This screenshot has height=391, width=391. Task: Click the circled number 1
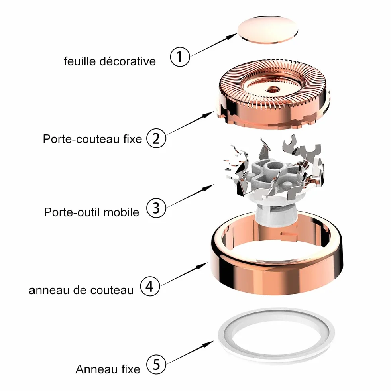[x=180, y=57]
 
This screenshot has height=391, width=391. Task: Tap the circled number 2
[x=156, y=138]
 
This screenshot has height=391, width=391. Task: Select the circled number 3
[x=156, y=208]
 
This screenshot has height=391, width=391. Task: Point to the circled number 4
[x=149, y=286]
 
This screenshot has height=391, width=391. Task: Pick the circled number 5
[x=156, y=364]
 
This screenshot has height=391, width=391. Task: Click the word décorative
[x=128, y=61]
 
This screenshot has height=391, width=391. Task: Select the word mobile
[x=121, y=212]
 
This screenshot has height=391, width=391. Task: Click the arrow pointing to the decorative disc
[x=214, y=45]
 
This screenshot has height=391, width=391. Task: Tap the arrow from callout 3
[x=190, y=196]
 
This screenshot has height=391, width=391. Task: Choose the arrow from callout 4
[x=184, y=274]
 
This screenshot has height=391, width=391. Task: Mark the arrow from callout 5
[x=190, y=352]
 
